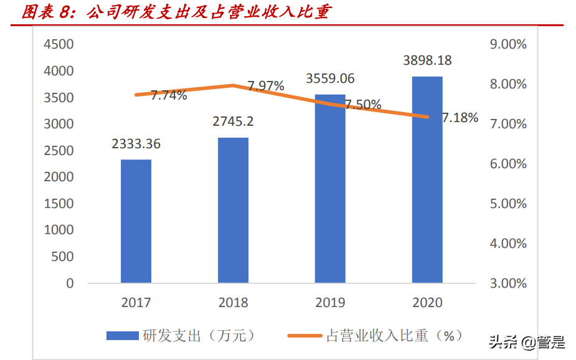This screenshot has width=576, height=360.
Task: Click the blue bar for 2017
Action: point(136,221)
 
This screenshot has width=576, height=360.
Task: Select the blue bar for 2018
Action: point(233,210)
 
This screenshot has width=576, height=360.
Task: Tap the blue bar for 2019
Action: point(330,189)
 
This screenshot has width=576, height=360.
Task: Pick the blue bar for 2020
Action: point(427,179)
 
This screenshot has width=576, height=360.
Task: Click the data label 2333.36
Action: point(136,144)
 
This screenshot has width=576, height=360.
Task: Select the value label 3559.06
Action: point(330,78)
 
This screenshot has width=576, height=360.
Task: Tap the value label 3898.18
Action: point(427,60)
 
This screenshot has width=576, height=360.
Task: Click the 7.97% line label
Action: point(266,86)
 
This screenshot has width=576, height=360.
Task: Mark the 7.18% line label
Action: point(460,118)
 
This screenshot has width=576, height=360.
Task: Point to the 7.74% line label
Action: point(169,95)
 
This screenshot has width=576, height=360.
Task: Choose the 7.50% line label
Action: point(364,105)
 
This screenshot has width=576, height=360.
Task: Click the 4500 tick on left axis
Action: point(58,44)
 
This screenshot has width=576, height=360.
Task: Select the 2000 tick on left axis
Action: point(58,177)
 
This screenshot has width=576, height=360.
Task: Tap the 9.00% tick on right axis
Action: point(508,44)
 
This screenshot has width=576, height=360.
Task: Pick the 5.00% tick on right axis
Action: point(508,204)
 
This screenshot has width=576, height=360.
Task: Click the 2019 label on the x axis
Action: point(330,303)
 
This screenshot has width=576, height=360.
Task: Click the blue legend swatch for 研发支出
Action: point(122,336)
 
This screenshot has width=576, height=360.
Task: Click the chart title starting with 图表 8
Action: point(176,12)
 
